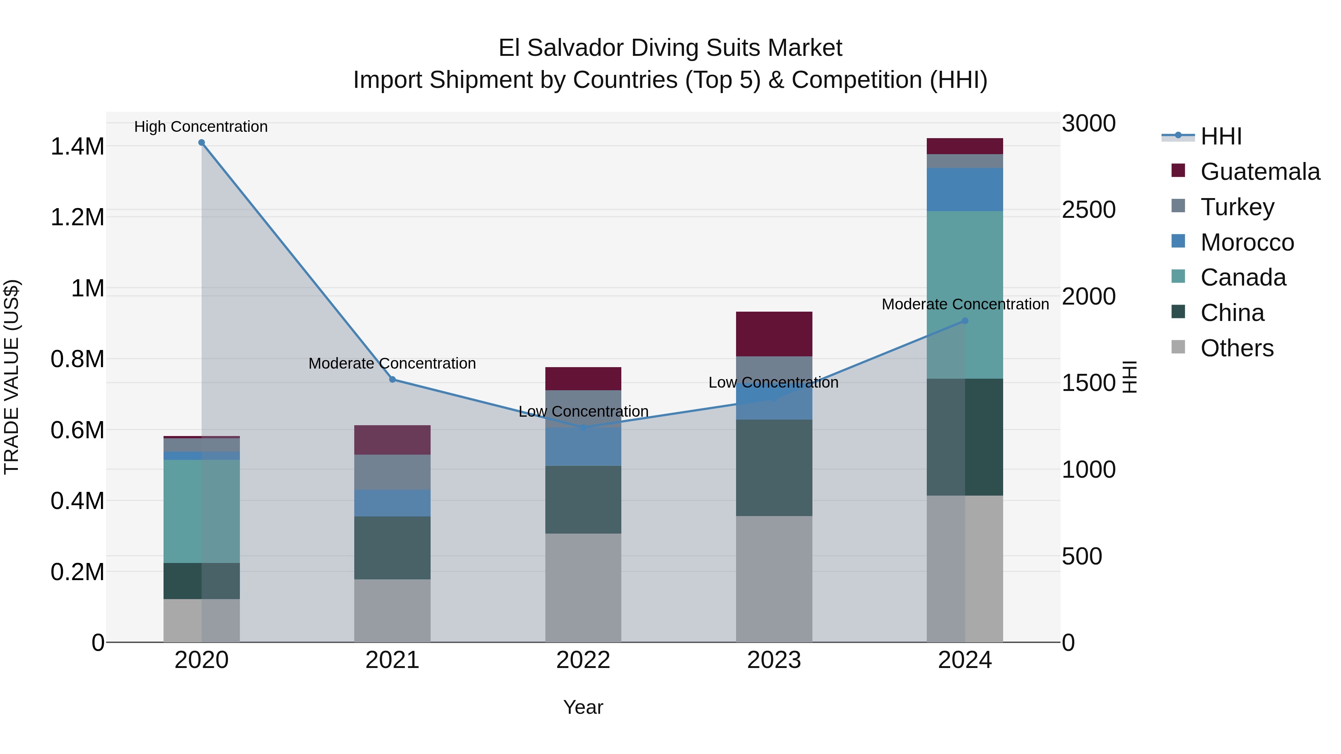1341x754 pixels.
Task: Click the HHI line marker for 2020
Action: click(202, 143)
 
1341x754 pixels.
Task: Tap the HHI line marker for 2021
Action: click(393, 379)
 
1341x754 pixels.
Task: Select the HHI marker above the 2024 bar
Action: click(965, 321)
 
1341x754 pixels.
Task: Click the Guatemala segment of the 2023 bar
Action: click(774, 334)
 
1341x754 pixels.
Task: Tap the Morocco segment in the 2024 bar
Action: click(965, 190)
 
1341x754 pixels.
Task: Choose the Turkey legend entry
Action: click(1237, 207)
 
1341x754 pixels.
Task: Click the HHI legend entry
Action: click(1221, 136)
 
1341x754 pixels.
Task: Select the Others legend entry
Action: click(1236, 348)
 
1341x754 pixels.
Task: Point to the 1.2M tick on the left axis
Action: click(77, 217)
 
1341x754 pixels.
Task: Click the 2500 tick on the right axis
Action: click(1088, 210)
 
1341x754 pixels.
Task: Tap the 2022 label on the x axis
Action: click(583, 660)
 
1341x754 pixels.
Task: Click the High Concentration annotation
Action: click(201, 127)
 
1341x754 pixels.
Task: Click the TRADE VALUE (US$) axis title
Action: click(12, 377)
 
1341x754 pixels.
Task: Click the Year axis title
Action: click(583, 707)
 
